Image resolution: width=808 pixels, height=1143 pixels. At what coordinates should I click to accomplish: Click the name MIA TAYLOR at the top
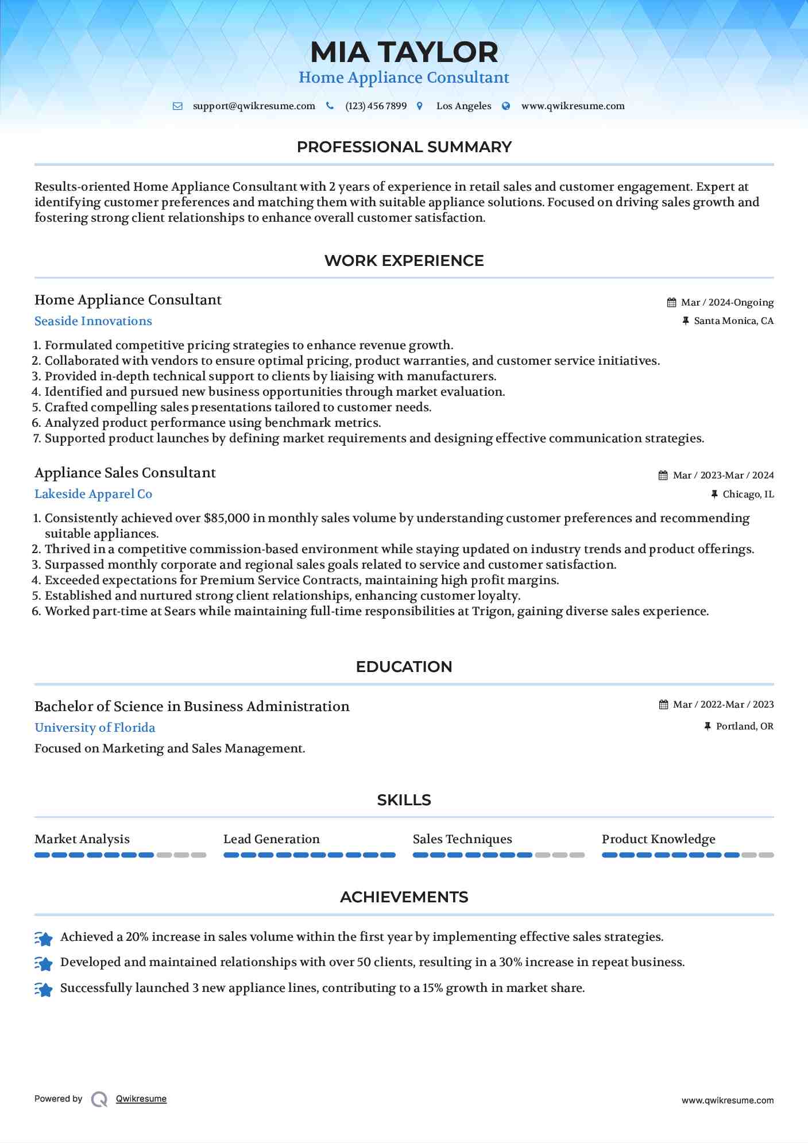pos(404,52)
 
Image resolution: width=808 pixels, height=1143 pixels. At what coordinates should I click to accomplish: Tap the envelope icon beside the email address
pos(177,106)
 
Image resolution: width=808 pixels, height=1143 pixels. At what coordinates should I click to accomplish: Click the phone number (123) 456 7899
pos(376,106)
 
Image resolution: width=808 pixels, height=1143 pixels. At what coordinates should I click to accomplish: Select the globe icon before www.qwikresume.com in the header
pos(506,106)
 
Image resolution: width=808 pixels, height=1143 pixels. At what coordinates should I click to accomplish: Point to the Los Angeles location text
pos(463,106)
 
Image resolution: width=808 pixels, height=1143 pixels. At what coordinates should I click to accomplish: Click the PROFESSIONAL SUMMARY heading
pos(404,147)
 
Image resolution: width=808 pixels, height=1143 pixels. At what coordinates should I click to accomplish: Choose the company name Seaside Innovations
pos(93,321)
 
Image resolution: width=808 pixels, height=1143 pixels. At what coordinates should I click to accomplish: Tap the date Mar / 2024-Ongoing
pos(727,303)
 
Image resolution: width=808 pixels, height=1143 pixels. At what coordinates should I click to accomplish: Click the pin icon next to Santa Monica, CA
pos(685,321)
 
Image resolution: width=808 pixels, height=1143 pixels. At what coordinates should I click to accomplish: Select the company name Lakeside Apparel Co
pos(93,494)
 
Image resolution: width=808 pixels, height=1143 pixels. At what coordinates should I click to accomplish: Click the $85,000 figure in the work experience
pos(226,518)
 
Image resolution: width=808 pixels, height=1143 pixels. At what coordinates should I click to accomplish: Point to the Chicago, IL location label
pos(748,495)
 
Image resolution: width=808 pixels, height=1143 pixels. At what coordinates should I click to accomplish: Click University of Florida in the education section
pos(95,728)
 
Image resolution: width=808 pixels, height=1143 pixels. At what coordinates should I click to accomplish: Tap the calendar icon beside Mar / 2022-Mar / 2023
pos(663,705)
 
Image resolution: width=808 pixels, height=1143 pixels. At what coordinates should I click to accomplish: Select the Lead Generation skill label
pos(271,839)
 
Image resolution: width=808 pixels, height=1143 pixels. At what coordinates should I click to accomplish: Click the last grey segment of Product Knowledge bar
pos(766,855)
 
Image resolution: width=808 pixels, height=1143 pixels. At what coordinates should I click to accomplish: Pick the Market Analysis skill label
pos(82,839)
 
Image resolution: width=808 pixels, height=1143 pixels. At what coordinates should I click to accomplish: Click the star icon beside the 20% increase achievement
pos(44,938)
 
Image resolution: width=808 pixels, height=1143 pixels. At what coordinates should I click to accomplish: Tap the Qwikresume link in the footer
pos(141,1099)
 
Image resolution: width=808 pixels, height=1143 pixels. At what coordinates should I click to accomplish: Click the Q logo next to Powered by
pos(99,1099)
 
